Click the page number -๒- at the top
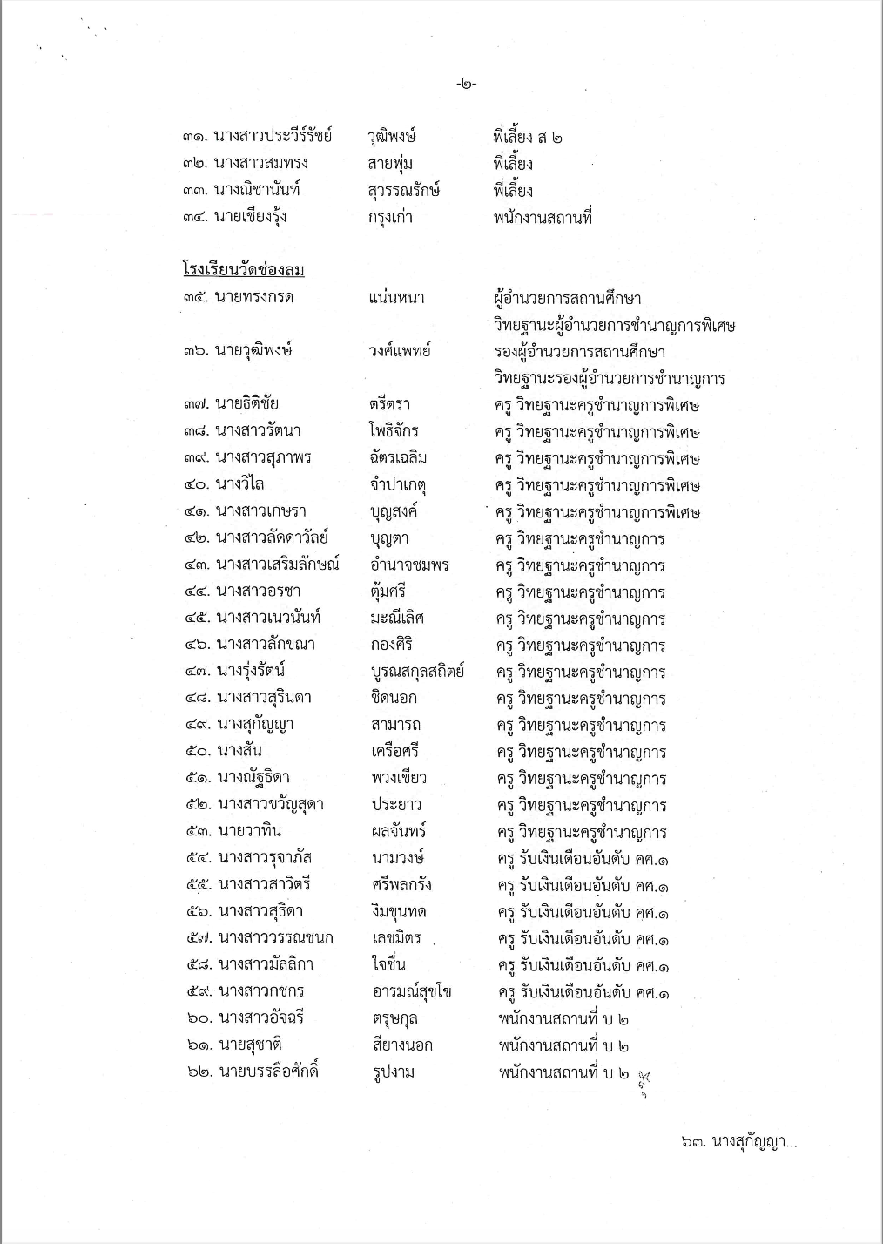tap(466, 85)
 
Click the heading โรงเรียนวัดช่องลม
tap(243, 269)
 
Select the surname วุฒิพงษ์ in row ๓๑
tap(393, 136)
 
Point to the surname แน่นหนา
tap(397, 297)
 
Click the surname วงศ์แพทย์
tap(400, 350)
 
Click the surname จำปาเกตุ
tap(401, 484)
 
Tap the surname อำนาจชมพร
tap(409, 565)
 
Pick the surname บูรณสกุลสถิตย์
tap(417, 672)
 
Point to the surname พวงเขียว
tap(398, 778)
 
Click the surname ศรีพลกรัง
tap(401, 885)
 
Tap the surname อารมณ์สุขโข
tap(410, 991)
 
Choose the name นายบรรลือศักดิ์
tap(268, 1072)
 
